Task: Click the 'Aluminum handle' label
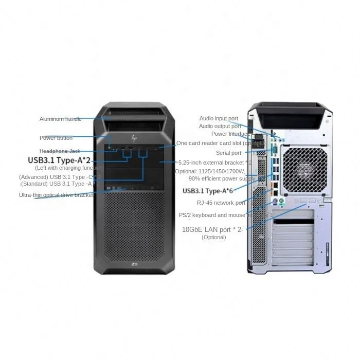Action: [x=60, y=119]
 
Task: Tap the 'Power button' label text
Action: [x=56, y=138]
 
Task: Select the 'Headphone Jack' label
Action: [x=61, y=151]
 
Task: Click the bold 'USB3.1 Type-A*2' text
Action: [x=59, y=160]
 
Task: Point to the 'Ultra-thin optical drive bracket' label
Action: [x=56, y=195]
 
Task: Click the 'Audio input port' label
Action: [x=219, y=119]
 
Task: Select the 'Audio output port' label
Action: [x=220, y=126]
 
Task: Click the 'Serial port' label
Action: [x=228, y=153]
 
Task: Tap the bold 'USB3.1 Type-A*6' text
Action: [x=208, y=191]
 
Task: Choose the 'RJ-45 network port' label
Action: [x=221, y=203]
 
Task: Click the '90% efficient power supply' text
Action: [x=222, y=178]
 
